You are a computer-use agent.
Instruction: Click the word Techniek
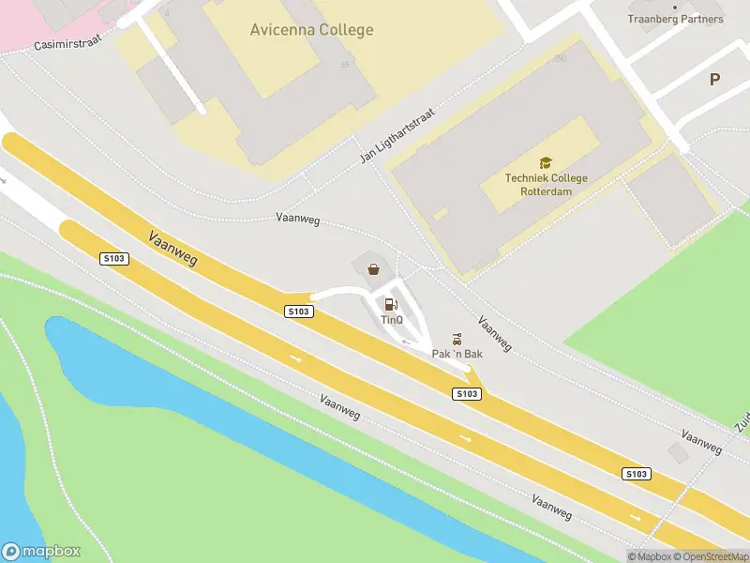526,178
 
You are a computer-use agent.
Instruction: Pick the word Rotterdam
547,191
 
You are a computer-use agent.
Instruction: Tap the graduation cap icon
546,162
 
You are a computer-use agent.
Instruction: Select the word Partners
702,19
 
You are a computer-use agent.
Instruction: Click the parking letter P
714,80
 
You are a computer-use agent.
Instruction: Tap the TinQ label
392,320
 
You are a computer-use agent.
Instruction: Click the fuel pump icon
391,303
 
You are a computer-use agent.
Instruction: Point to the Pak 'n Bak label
457,354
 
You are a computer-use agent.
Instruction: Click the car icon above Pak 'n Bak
457,337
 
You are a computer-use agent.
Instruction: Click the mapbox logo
41,552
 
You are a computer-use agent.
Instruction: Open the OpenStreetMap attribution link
712,556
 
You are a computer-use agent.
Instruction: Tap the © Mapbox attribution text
651,556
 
